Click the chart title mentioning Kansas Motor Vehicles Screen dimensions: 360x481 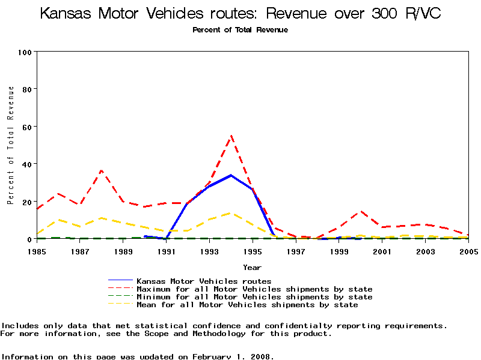240,13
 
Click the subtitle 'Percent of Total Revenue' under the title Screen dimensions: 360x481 240,30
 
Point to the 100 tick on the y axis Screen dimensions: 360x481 25,52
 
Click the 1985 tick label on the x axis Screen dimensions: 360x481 37,251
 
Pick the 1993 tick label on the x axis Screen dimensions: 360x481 210,251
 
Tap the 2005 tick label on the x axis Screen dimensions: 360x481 468,251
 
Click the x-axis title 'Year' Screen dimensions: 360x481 252,267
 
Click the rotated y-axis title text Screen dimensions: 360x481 11,145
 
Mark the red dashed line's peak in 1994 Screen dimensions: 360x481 231,136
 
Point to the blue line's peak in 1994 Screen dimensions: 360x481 231,175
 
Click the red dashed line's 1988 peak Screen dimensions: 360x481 102,170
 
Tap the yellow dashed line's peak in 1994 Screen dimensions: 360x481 231,213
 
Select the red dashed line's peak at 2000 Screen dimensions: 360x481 360,211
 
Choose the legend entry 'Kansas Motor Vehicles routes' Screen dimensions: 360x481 204,281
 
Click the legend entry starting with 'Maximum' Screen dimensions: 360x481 254,289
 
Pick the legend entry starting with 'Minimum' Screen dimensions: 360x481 254,297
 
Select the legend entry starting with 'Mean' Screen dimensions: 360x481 247,305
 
